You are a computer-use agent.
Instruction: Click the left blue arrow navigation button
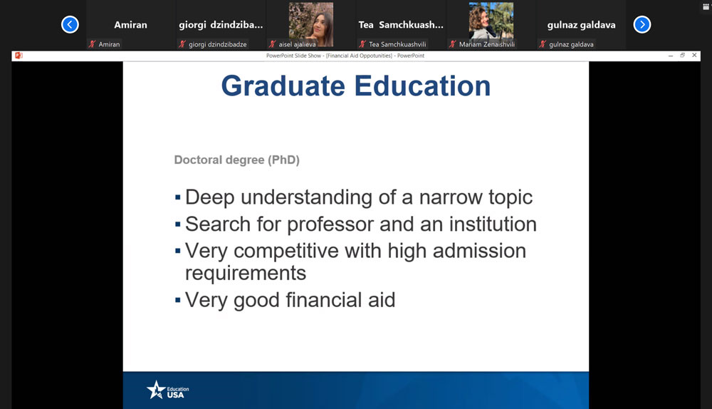[x=70, y=24]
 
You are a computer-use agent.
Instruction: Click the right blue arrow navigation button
[x=642, y=24]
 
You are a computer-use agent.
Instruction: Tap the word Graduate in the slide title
[x=283, y=86]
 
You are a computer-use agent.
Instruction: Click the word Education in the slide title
[x=422, y=86]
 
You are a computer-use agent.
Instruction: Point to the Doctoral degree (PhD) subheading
[x=237, y=160]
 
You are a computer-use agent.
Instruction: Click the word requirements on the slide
[x=246, y=274]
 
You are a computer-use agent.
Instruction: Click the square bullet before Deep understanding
[x=177, y=197]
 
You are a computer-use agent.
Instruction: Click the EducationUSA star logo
[x=156, y=390]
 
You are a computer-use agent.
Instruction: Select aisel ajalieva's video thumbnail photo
[x=311, y=24]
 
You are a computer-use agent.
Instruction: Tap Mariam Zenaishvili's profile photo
[x=491, y=21]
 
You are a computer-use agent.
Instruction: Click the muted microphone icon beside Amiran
[x=92, y=44]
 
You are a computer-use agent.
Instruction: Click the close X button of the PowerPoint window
[x=694, y=56]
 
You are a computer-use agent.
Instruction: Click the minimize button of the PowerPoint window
[x=671, y=56]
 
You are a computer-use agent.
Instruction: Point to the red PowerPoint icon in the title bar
[x=19, y=56]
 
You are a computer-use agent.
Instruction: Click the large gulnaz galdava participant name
[x=581, y=25]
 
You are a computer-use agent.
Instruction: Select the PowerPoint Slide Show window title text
[x=345, y=56]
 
